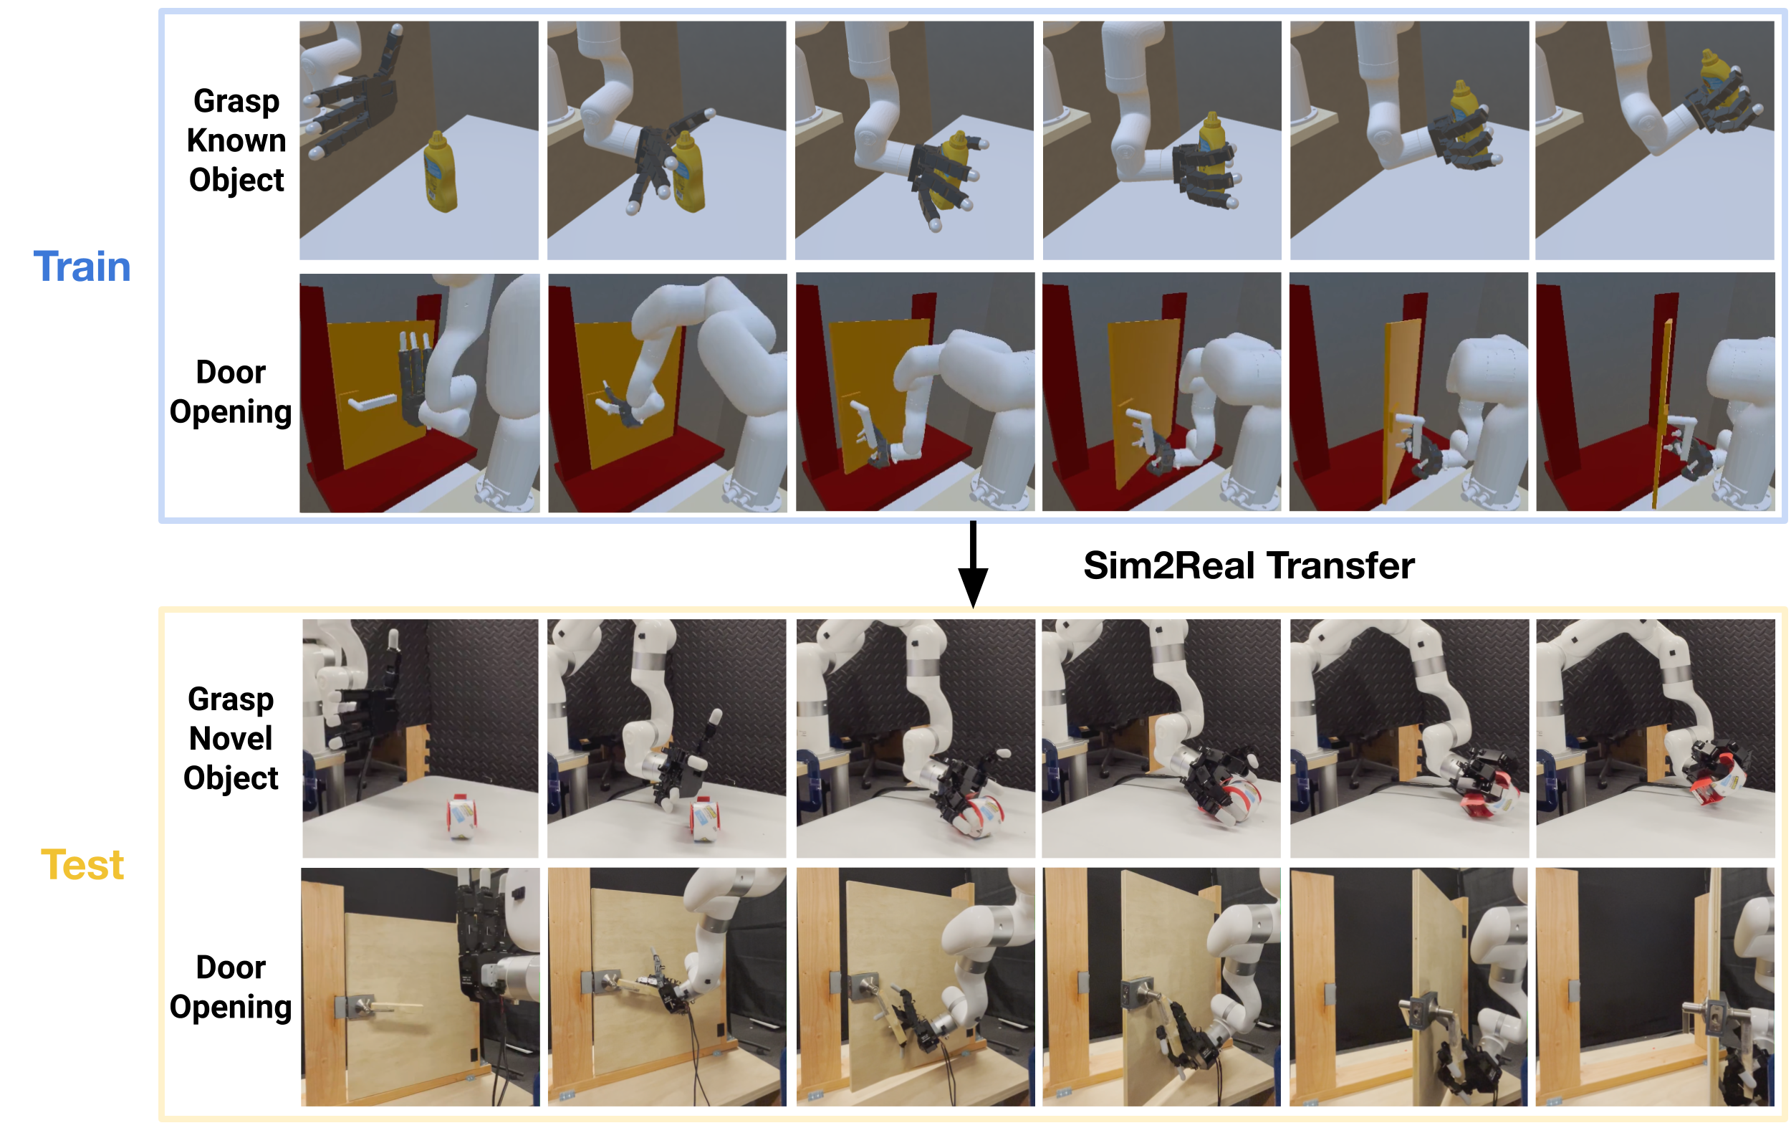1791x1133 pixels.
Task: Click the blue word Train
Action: pyautogui.click(x=82, y=267)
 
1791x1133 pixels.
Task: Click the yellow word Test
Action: pyautogui.click(x=82, y=864)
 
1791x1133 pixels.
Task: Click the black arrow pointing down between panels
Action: pyautogui.click(x=972, y=565)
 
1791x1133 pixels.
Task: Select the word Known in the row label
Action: pyautogui.click(x=236, y=140)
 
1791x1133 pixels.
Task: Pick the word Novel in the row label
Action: pyautogui.click(x=231, y=738)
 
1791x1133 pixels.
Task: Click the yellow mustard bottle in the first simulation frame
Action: pyautogui.click(x=440, y=172)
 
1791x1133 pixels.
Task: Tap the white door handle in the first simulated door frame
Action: pyautogui.click(x=371, y=403)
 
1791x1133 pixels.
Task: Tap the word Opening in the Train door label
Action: pyautogui.click(x=231, y=412)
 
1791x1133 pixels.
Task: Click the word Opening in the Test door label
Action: pyautogui.click(x=231, y=1008)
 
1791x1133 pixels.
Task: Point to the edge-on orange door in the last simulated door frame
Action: pyautogui.click(x=1661, y=413)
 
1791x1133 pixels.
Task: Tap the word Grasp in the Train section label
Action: pyautogui.click(x=236, y=102)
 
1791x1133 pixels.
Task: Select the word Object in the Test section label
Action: pyautogui.click(x=231, y=778)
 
